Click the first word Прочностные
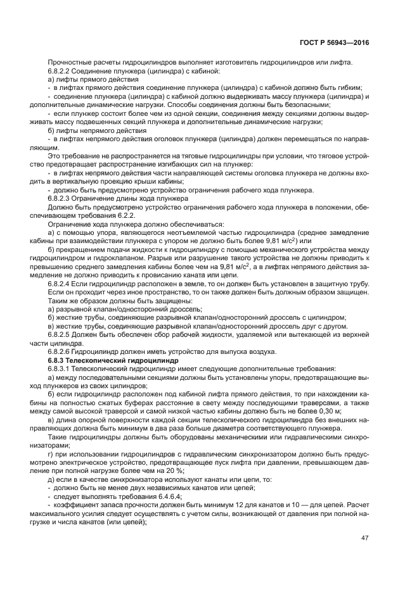click(x=68, y=61)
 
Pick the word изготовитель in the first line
click(x=224, y=61)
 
